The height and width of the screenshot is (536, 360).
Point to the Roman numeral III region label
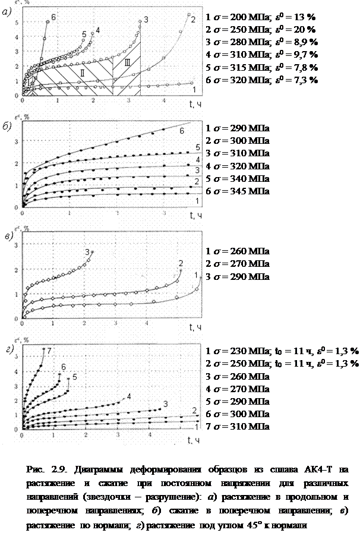coord(125,62)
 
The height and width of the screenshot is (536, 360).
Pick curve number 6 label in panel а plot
coord(54,17)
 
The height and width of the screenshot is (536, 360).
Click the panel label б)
coord(8,130)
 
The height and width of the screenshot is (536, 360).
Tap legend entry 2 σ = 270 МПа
coord(237,264)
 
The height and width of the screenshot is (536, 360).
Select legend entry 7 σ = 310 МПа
coord(237,427)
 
